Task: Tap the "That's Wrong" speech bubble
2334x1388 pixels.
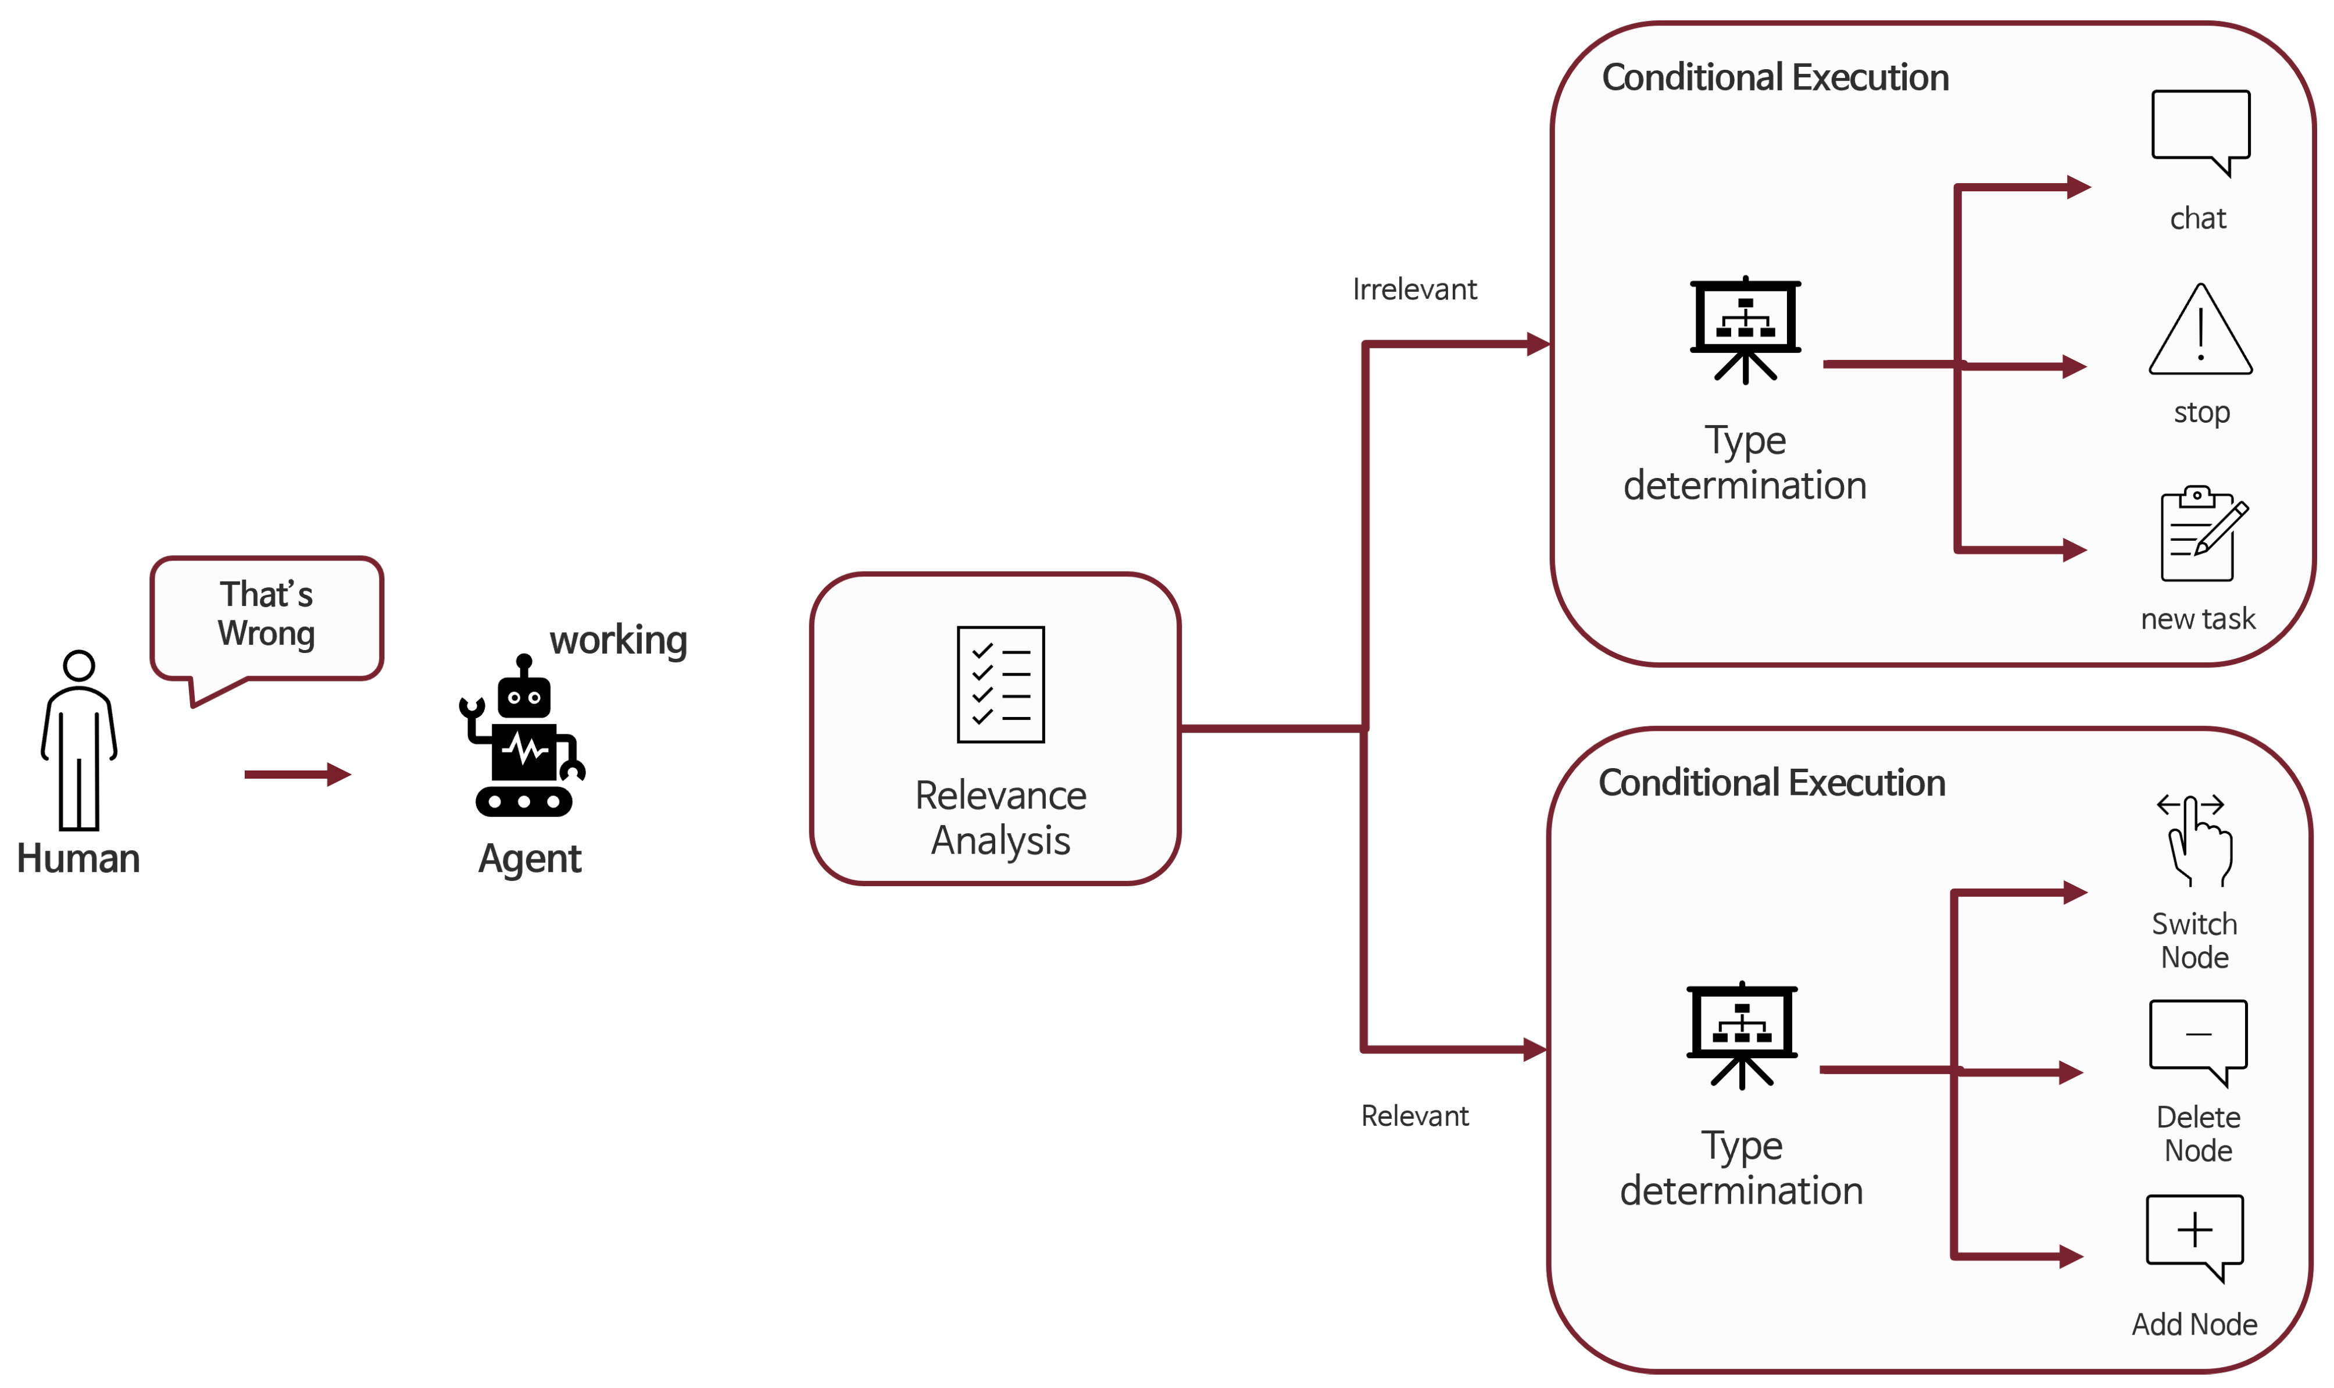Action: click(x=266, y=619)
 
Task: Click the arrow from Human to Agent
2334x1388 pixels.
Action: click(x=298, y=775)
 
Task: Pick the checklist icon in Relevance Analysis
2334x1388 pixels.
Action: click(x=1000, y=684)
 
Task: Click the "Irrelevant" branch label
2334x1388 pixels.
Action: click(x=1415, y=289)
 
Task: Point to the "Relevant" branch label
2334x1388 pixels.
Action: click(x=1415, y=1116)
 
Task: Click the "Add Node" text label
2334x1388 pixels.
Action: click(x=2194, y=1325)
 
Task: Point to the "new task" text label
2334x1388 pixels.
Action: click(x=2199, y=619)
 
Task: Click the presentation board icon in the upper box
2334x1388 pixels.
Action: click(x=1745, y=329)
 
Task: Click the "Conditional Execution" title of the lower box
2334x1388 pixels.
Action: click(x=1772, y=783)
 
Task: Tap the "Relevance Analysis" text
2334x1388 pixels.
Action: click(x=1000, y=818)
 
